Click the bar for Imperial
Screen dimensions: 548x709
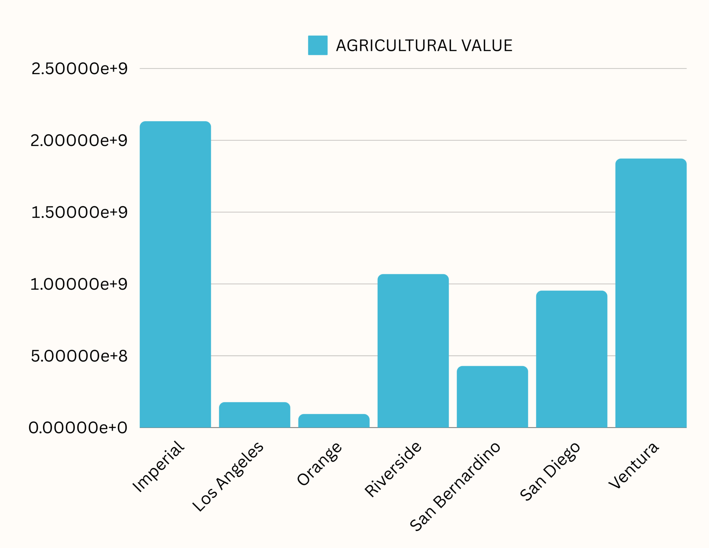click(x=175, y=274)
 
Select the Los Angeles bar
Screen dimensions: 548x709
click(x=254, y=415)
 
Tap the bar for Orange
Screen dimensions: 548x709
click(x=334, y=421)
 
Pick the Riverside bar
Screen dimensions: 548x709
click(x=413, y=351)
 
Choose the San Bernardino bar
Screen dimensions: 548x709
click(x=492, y=397)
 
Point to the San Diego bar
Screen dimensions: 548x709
click(x=572, y=359)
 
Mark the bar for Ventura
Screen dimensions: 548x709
click(x=651, y=293)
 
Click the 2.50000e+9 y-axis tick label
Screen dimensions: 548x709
click(x=79, y=69)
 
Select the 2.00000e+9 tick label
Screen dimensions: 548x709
click(x=79, y=141)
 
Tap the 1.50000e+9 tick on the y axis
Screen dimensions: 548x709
click(x=79, y=212)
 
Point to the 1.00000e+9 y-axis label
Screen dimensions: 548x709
click(x=79, y=284)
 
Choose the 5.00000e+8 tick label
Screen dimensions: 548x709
click(x=79, y=356)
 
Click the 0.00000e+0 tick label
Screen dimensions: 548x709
click(x=78, y=428)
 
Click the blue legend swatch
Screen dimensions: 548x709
click(x=317, y=45)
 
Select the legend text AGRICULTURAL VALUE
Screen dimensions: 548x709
click(x=424, y=46)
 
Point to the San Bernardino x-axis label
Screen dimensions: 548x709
click(x=455, y=486)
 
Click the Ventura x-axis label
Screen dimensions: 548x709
click(x=634, y=465)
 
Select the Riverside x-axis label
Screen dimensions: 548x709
click(x=393, y=469)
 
